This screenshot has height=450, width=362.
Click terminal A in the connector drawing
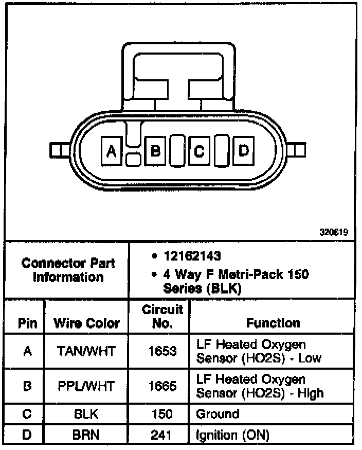[x=111, y=151]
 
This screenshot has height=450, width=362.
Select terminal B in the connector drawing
[x=155, y=151]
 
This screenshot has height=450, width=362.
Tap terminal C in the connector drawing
[x=199, y=151]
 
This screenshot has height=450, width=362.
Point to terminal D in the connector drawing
[x=244, y=150]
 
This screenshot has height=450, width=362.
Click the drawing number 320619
[x=334, y=232]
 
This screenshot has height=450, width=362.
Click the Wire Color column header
[x=86, y=323]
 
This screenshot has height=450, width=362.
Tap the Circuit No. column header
[x=162, y=316]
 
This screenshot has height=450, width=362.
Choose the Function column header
[x=273, y=323]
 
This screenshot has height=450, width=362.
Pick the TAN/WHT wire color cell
[x=86, y=351]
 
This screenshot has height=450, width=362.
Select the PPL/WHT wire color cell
[x=86, y=387]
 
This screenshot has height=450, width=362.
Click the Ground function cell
[x=218, y=414]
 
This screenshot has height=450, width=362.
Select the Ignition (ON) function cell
[x=233, y=435]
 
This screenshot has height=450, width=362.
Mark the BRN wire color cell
[x=86, y=435]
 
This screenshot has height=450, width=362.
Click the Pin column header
[x=27, y=323]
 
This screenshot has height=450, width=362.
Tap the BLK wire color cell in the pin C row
[x=86, y=414]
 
